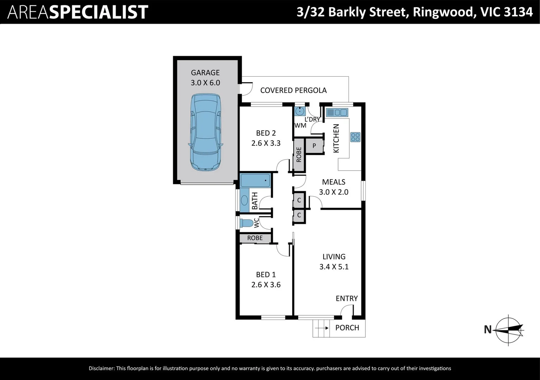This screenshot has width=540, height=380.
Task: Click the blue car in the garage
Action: point(205,132)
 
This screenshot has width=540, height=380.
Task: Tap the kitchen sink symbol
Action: point(337,112)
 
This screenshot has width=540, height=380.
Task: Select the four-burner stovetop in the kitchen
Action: point(355,137)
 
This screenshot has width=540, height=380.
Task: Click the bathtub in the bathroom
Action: point(255,180)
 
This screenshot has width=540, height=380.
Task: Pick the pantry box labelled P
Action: point(314,146)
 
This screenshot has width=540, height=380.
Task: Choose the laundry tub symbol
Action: point(300,111)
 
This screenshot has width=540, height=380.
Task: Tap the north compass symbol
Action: point(508,330)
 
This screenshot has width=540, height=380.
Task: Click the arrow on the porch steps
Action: point(322,328)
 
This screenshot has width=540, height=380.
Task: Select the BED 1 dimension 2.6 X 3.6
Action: point(266,285)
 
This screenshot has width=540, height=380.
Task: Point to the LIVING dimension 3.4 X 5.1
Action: point(334,267)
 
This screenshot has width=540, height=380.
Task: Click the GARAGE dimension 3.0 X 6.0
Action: point(205,83)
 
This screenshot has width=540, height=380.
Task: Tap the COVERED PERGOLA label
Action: point(293,90)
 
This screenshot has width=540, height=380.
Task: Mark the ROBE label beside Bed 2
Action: point(299,155)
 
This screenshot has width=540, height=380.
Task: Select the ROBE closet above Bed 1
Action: point(255,238)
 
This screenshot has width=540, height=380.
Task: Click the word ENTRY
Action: point(347,299)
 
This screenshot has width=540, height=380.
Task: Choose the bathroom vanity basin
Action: point(244,200)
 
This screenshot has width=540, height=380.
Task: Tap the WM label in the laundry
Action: point(300,126)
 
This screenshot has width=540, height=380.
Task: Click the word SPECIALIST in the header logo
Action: point(99,12)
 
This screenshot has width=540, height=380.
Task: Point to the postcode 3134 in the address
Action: point(518,12)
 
